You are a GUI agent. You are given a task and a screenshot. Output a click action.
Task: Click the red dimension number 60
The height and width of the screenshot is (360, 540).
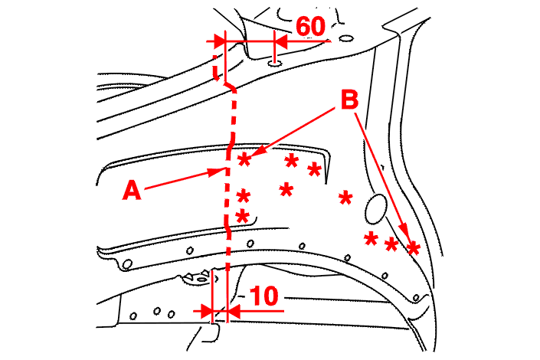(310, 27)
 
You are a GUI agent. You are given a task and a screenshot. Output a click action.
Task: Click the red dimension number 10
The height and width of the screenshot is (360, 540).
(263, 296)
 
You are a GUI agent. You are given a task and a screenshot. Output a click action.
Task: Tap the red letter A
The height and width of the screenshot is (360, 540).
(132, 191)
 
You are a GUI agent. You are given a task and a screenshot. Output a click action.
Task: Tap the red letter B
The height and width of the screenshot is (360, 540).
(349, 100)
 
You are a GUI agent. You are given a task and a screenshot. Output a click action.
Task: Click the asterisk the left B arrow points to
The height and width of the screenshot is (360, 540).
(244, 159)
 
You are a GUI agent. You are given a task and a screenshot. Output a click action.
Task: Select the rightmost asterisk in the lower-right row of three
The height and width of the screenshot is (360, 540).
(413, 248)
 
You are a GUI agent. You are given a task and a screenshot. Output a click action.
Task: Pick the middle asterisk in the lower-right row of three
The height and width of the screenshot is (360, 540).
(391, 245)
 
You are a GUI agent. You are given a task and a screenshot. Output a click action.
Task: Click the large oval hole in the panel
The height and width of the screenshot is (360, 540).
(376, 209)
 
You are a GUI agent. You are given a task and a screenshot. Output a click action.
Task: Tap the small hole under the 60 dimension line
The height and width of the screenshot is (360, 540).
(274, 64)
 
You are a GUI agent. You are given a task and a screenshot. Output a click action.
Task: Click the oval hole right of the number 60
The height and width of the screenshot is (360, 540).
(345, 38)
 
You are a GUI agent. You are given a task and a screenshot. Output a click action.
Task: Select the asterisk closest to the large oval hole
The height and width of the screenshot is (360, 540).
(345, 198)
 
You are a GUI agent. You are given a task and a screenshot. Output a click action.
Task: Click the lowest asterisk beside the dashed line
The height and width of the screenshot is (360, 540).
(243, 217)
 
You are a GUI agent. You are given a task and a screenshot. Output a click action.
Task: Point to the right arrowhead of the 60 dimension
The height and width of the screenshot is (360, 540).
(280, 41)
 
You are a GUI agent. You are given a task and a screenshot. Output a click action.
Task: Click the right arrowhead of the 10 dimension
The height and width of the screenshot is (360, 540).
(234, 312)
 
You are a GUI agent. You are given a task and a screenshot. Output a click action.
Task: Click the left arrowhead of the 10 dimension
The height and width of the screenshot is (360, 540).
(207, 312)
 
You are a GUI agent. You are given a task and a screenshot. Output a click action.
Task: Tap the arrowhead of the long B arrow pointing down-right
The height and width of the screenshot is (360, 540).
(405, 231)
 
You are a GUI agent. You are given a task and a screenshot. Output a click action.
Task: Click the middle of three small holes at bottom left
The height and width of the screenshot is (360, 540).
(157, 311)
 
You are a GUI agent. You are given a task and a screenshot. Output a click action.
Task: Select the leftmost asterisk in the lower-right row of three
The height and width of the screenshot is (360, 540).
(371, 238)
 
